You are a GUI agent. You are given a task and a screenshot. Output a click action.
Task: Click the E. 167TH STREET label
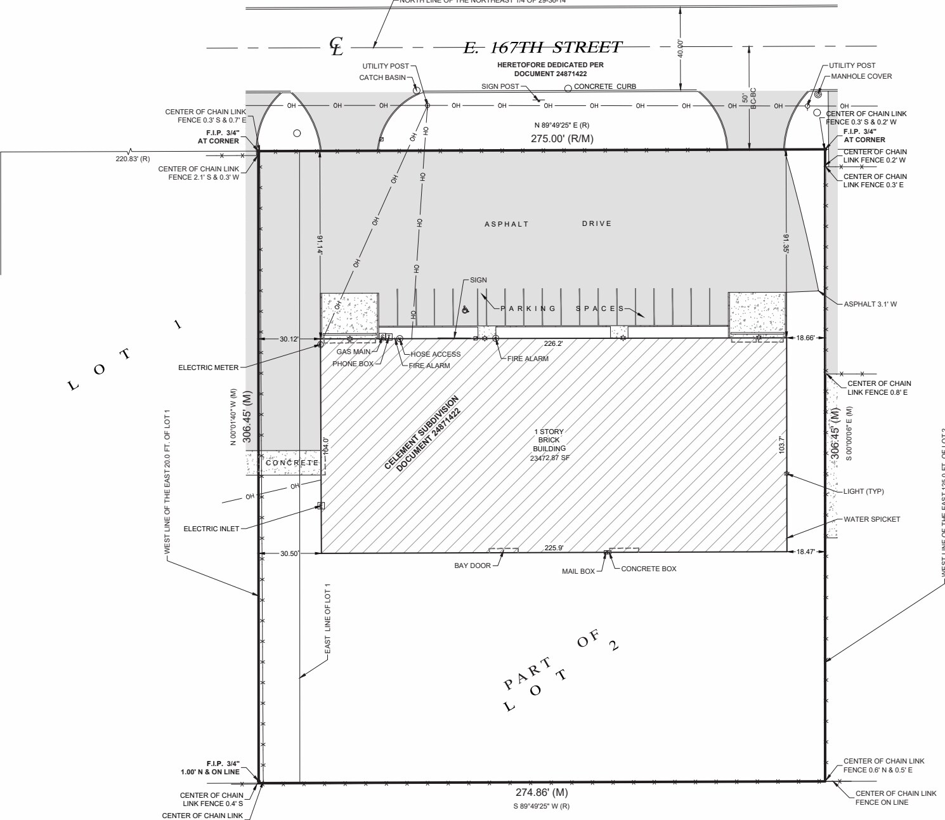543,48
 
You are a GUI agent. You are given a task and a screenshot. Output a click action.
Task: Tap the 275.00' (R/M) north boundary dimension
562,138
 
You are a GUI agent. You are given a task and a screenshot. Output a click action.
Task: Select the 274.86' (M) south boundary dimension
541,793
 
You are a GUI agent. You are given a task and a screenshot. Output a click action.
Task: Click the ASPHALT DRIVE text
548,224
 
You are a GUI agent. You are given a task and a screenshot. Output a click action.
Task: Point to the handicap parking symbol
465,310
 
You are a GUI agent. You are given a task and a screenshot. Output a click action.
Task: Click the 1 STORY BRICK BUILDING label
549,444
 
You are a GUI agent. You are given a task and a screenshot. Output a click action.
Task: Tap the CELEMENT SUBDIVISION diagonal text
422,433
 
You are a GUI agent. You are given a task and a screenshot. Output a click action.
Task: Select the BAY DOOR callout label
472,565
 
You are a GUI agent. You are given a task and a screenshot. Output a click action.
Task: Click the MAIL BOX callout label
578,571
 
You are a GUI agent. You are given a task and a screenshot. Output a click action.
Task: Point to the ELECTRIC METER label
208,367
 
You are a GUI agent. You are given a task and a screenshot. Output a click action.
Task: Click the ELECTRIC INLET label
211,529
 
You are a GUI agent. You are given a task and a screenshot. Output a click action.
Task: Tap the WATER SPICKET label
871,519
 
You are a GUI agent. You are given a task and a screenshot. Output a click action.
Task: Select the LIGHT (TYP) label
863,491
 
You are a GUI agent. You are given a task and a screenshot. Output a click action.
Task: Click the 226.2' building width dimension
554,343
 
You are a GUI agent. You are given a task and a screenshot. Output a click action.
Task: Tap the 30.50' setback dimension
290,554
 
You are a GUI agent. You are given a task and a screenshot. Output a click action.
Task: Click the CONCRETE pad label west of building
292,463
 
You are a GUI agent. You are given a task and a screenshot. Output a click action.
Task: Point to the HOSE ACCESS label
436,354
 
